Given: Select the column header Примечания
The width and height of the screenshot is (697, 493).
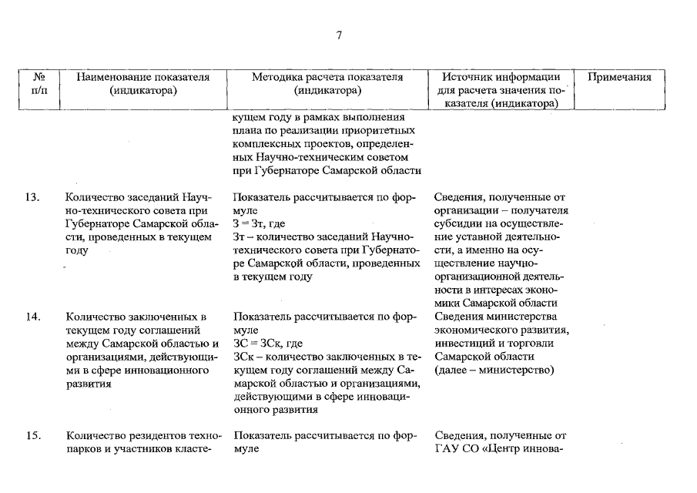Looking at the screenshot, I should [x=619, y=77].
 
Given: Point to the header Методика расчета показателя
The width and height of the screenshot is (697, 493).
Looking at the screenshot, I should [x=327, y=77].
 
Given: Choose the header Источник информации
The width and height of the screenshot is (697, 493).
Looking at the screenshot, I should [x=501, y=77].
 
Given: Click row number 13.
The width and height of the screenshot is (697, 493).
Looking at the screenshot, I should [x=32, y=196].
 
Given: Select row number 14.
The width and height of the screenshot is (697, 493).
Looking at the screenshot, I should [x=32, y=316].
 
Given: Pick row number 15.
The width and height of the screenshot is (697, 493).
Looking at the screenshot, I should [x=32, y=436].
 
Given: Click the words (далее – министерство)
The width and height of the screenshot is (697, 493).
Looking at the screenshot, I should [x=494, y=371].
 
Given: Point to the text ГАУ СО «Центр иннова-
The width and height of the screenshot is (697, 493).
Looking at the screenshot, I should [x=501, y=449].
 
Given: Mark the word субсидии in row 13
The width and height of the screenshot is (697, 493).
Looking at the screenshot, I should [x=457, y=224].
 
